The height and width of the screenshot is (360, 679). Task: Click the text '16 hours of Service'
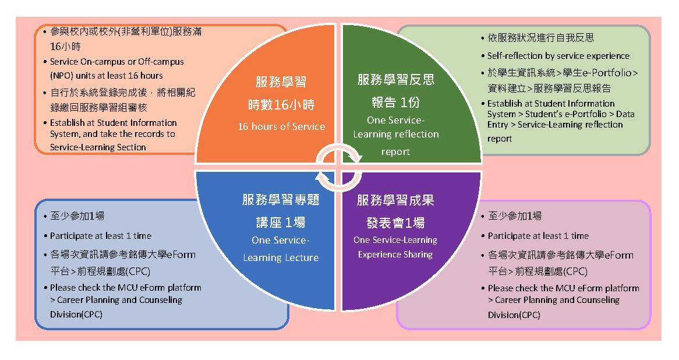(x=281, y=126)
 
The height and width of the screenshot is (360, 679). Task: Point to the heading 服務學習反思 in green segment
(x=396, y=80)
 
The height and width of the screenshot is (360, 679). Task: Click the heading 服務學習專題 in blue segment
(x=281, y=200)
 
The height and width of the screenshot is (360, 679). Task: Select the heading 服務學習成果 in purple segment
(x=396, y=200)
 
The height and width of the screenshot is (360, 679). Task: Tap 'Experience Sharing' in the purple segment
(x=395, y=254)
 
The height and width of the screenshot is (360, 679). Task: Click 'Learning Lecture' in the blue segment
(x=281, y=257)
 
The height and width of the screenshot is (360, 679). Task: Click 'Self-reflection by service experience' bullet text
(x=558, y=56)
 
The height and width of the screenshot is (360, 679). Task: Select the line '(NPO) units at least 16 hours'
(x=107, y=75)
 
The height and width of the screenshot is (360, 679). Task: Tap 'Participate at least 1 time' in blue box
(x=101, y=236)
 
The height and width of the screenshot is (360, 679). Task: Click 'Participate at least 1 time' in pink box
(x=538, y=236)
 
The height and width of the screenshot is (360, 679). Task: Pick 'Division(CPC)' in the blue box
(x=76, y=315)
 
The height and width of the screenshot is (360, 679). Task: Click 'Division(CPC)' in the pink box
(x=514, y=315)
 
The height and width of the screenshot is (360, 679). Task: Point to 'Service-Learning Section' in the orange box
(x=98, y=147)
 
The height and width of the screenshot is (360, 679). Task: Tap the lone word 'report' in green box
(x=500, y=139)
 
